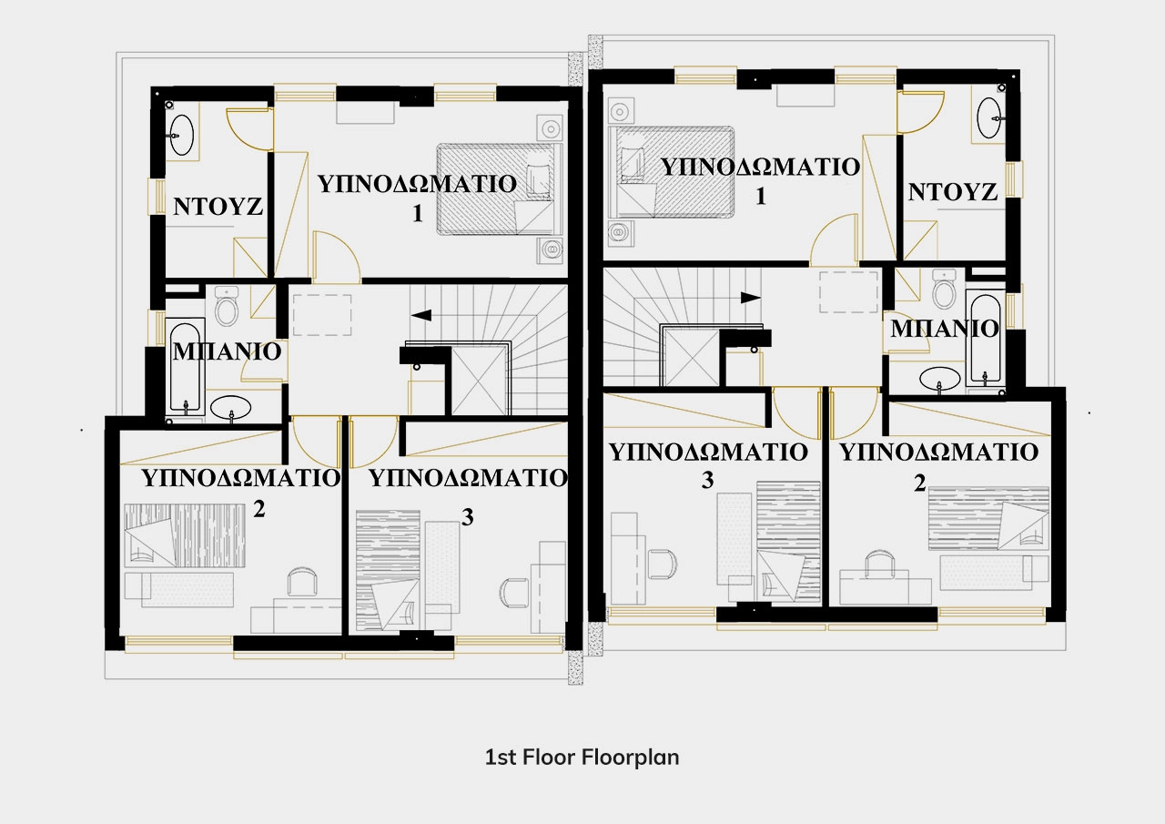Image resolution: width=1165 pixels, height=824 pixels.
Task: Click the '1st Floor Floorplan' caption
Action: [x=582, y=758]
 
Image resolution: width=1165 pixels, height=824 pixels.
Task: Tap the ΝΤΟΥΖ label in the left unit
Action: [x=218, y=207]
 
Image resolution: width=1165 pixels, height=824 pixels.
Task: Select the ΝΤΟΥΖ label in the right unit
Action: [x=953, y=192]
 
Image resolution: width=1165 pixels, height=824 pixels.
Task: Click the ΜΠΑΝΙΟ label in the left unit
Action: [x=227, y=351]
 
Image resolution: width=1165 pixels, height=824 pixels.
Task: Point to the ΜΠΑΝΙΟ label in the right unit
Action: [x=945, y=329]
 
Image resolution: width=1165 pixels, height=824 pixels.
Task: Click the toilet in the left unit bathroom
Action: [x=227, y=307]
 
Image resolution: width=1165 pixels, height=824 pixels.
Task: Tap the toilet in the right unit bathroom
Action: [x=945, y=290]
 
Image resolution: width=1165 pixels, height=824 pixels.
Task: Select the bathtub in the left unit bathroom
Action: [x=185, y=367]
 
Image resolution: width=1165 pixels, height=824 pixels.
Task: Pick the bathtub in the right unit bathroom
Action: [x=986, y=340]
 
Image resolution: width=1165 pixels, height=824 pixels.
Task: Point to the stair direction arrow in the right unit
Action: [x=751, y=298]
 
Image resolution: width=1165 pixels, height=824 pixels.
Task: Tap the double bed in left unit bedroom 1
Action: [x=500, y=189]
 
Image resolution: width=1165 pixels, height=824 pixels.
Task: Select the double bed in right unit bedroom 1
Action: [x=672, y=172]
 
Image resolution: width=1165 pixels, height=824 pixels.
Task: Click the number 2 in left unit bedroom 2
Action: [x=259, y=509]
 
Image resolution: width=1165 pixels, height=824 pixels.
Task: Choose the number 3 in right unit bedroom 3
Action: [x=707, y=480]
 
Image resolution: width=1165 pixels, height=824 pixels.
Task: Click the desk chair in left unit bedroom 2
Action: [x=303, y=581]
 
